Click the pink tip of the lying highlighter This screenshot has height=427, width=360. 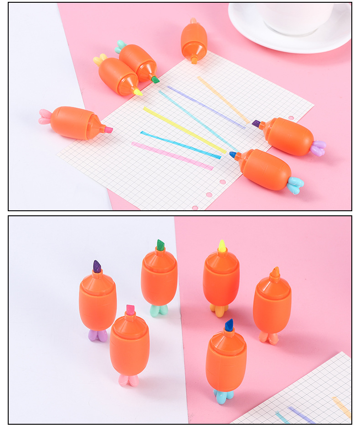point(108,130)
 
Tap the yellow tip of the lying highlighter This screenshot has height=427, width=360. point(137,92)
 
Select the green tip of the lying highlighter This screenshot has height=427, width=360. point(155,79)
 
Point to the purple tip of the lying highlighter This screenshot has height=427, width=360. point(256,124)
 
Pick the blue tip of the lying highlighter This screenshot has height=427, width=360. point(233,155)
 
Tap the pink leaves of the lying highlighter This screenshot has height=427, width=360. point(45,117)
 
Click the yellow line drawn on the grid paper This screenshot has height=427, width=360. point(184,130)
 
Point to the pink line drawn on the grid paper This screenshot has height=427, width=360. point(172,156)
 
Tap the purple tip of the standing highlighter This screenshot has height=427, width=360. point(97,266)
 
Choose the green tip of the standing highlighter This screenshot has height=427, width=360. point(160,245)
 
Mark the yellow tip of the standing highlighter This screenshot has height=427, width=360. point(222,246)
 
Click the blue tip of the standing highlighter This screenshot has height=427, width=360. point(229,325)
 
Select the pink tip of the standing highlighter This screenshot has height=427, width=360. point(130,310)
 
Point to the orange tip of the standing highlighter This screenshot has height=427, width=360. point(275,272)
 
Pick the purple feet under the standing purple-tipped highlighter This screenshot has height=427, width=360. point(98,336)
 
